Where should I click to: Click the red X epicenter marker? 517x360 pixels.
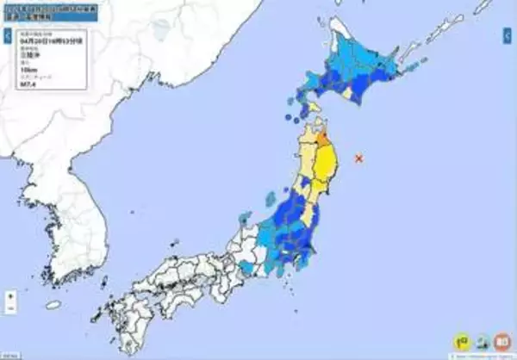click(358, 157)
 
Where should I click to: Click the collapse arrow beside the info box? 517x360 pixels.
click(6, 37)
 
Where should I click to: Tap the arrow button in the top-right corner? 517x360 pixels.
click(508, 35)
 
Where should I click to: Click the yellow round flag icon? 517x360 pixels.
click(463, 343)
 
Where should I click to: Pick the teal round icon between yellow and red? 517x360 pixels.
click(483, 343)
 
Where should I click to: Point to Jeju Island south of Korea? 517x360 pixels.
click(54, 304)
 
